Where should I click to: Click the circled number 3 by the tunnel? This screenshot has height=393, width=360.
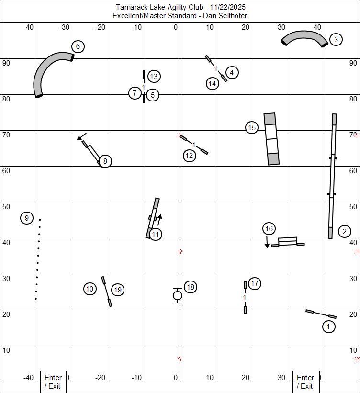[x=336, y=39]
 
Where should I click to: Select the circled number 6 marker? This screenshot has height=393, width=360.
[x=78, y=46]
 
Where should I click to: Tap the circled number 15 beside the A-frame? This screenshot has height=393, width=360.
[x=252, y=128]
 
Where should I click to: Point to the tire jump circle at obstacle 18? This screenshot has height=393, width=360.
[x=178, y=295]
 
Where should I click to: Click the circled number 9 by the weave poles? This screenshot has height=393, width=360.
[x=27, y=218]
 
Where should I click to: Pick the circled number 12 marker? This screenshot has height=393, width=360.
[x=189, y=156]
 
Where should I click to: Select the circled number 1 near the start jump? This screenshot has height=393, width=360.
[x=328, y=326]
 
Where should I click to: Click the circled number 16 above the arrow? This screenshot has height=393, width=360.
[x=269, y=229]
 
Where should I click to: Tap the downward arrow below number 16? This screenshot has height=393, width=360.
[x=267, y=242]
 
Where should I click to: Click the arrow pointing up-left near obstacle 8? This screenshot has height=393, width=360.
[x=81, y=136]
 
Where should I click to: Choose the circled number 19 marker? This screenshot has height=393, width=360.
[x=118, y=290]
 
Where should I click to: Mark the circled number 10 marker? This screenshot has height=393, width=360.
[x=90, y=289]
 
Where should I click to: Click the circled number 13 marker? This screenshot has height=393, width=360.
[x=154, y=76]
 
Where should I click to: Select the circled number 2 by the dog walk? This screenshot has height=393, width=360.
[x=345, y=231]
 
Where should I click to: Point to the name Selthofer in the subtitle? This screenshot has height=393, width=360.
[x=232, y=16]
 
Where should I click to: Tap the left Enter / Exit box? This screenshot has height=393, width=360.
[x=54, y=382]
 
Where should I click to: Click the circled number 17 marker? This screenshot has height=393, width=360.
[x=255, y=283]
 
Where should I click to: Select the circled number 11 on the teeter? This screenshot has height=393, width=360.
[x=156, y=235]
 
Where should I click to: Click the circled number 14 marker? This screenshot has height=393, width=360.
[x=213, y=83]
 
